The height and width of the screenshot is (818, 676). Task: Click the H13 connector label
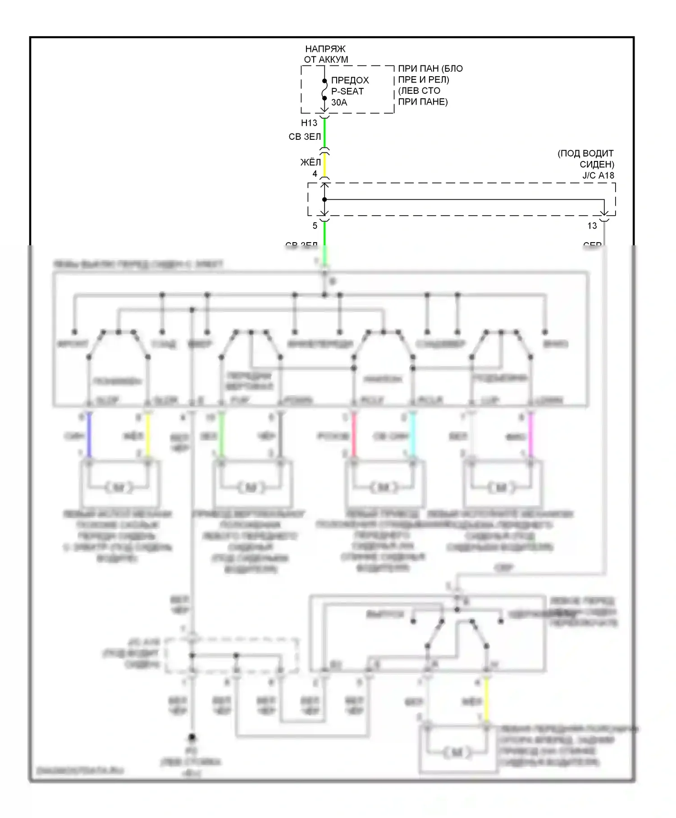pos(309,123)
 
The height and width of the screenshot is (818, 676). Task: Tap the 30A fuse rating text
pos(339,102)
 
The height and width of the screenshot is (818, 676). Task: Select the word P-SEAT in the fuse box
pos(347,91)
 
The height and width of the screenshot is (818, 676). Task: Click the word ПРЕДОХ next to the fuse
pos(350,80)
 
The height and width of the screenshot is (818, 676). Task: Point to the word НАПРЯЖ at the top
pos(325,49)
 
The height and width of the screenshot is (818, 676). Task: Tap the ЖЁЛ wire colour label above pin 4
pos(311,162)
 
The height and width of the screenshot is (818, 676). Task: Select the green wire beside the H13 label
pos(324,133)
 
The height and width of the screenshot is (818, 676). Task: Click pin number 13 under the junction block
pos(592,225)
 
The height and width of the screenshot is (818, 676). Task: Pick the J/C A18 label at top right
pos(598,175)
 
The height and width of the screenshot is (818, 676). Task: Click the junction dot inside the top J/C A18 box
pos(324,199)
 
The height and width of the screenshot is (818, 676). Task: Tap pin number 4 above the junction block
pos(315,174)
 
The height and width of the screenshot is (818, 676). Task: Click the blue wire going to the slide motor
pos(89,436)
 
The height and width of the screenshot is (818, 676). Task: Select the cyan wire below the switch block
pos(412,436)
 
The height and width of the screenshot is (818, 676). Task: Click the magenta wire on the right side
pos(530,436)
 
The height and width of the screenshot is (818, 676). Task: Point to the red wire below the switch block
pos(354,436)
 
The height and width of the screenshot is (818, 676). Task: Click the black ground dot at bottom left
pos(192,738)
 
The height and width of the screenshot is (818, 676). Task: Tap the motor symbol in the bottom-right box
pos(457,753)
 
